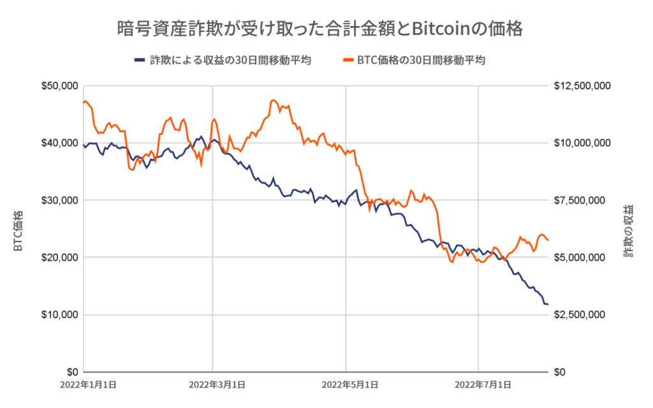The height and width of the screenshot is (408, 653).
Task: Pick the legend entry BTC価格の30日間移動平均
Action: coord(421,61)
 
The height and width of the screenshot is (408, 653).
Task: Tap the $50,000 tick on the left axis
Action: coord(59,85)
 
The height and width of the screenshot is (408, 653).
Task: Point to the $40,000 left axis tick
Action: coord(59,143)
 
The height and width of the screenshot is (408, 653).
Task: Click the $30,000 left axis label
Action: coord(59,200)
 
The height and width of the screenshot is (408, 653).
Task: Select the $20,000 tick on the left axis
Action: coord(59,258)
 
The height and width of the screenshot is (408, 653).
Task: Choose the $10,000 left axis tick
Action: coord(59,315)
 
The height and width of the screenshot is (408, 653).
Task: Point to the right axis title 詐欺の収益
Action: coord(630,231)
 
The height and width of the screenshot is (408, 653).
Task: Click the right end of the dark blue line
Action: coord(548,305)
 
